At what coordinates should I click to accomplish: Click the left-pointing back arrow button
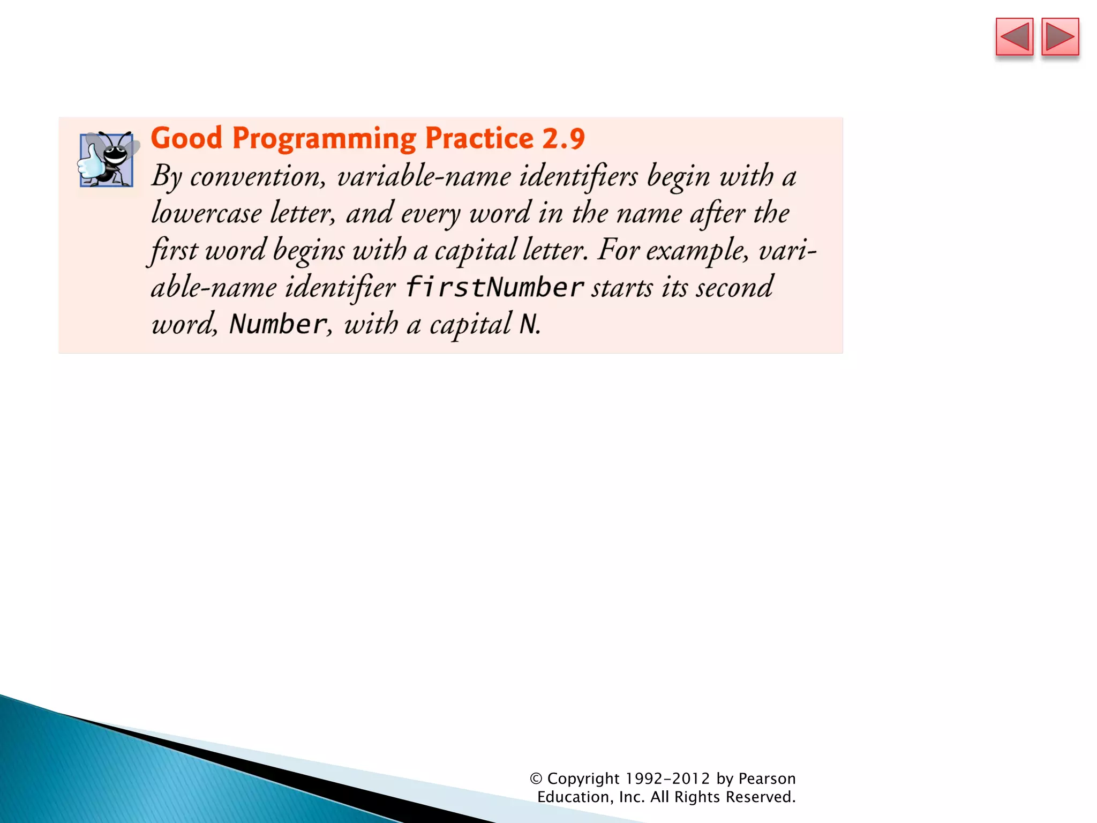[1014, 37]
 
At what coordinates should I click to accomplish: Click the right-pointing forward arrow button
[1060, 37]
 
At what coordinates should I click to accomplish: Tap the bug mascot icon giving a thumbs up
[107, 159]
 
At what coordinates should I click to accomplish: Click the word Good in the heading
[186, 138]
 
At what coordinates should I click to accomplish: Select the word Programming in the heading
[324, 139]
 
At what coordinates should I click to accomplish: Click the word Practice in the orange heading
[479, 138]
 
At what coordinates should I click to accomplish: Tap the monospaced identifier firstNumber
[494, 287]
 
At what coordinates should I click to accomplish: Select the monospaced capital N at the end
[528, 324]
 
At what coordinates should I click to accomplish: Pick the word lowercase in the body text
[206, 213]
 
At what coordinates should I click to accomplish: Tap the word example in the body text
[696, 251]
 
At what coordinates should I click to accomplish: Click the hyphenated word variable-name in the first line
[424, 177]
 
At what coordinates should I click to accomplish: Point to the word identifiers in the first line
[578, 177]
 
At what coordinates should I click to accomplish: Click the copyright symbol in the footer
[536, 779]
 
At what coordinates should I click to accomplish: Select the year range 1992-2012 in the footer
[668, 779]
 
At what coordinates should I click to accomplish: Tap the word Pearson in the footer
[767, 779]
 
